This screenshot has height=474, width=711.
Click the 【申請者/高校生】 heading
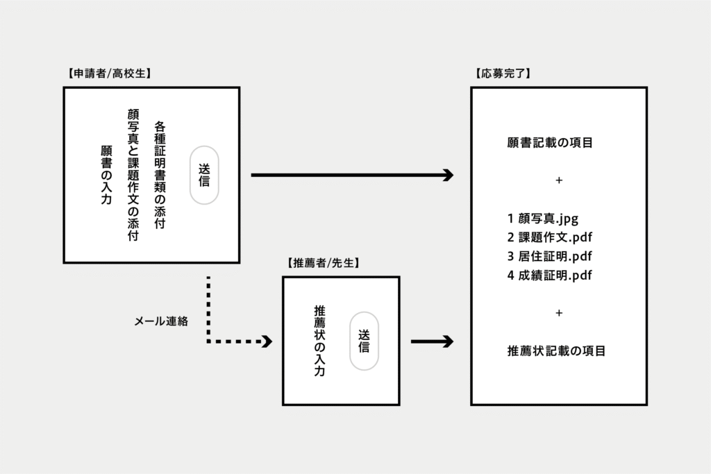pos(108,73)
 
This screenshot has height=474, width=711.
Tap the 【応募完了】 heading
pos(502,73)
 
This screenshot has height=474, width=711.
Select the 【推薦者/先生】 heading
pos(324,263)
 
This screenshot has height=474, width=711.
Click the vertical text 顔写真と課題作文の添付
pos(133,175)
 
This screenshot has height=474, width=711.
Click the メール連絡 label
pos(161,321)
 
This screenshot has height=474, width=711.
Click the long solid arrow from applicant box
pos(351,175)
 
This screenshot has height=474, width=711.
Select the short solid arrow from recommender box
pos(432,341)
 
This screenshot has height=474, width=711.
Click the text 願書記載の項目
pos(550,144)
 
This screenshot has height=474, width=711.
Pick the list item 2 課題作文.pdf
pos(549,237)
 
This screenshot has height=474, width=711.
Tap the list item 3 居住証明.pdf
pos(549,256)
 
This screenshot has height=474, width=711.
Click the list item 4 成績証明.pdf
pos(549,275)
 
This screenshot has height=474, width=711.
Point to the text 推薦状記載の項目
pos(556,351)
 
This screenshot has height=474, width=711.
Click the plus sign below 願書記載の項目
pos(559,180)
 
